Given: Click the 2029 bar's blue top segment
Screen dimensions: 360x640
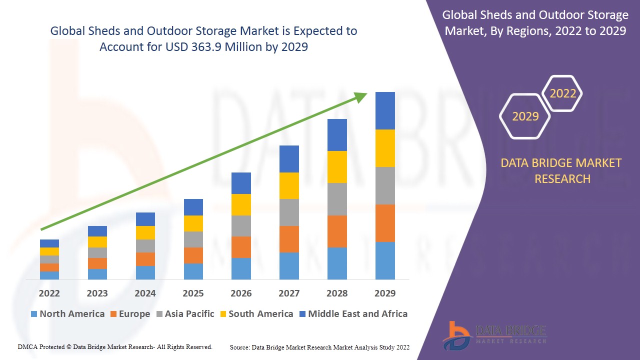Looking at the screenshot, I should (x=385, y=110).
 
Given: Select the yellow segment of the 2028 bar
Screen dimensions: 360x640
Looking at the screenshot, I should (x=337, y=167).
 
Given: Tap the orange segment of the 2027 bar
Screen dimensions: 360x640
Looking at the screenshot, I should (x=289, y=239).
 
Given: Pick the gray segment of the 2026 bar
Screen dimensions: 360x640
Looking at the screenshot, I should (x=241, y=226).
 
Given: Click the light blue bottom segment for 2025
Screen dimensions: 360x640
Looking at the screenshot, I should (x=193, y=271).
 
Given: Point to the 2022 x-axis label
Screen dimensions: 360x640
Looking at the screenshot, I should (x=49, y=293).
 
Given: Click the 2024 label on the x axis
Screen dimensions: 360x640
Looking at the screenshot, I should (x=145, y=293).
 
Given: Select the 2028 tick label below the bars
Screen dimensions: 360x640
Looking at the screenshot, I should (x=337, y=293).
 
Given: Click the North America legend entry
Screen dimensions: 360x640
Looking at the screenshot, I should (x=67, y=314).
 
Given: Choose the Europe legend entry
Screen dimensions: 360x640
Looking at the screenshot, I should (x=129, y=314).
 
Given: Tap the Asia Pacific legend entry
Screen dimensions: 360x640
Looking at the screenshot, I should (x=185, y=314).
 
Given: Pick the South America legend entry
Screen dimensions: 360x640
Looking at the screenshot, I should (x=256, y=314).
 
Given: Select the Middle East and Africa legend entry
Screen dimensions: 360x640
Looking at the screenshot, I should (x=353, y=314).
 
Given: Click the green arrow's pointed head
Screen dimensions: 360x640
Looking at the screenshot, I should (x=361, y=97).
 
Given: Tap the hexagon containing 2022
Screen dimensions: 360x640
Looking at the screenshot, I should (x=562, y=93).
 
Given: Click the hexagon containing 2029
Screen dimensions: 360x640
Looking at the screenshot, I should (x=525, y=116).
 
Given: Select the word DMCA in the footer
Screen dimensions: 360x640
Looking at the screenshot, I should (x=28, y=346).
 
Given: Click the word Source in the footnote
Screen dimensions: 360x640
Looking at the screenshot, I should (x=240, y=347).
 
